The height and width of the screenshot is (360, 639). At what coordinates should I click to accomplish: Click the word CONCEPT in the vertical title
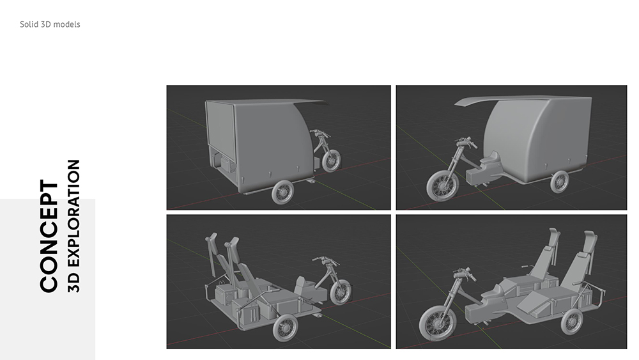tap(49, 236)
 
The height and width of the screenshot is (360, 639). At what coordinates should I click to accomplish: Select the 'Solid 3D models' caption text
tap(50, 24)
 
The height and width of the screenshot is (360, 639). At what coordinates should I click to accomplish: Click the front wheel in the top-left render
tap(331, 160)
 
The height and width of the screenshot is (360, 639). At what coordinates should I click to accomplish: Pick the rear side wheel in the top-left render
tap(282, 192)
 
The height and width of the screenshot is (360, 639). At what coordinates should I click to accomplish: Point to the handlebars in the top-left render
tap(320, 133)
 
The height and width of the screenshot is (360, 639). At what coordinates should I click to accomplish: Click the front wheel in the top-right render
tap(442, 185)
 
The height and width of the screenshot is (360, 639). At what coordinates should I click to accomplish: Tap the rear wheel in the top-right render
tap(559, 182)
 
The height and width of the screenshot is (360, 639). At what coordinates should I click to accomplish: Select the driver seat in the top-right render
tap(491, 160)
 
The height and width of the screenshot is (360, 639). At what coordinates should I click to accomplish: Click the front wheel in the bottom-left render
tap(341, 292)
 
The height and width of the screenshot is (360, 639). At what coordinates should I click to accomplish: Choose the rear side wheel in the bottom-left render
tap(284, 328)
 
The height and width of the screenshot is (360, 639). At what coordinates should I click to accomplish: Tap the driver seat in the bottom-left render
tap(302, 284)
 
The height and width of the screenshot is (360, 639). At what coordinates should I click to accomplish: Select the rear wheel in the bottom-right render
tap(571, 322)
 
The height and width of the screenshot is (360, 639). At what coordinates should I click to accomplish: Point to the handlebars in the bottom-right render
tap(464, 274)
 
